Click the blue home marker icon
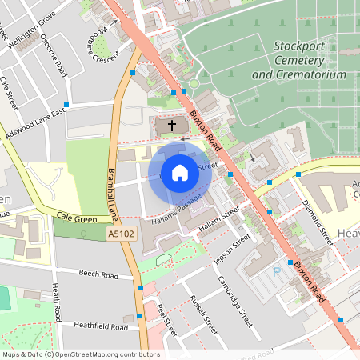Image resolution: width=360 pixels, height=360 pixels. [x=180, y=172]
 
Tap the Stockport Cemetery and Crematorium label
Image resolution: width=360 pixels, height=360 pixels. [x=298, y=60]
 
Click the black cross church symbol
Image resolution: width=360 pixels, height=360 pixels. [x=170, y=126]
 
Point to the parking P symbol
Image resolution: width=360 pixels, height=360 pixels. [x=278, y=271]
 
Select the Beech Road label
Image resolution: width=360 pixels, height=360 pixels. [x=98, y=275]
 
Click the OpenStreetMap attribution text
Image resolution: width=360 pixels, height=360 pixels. [x=80, y=354]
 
